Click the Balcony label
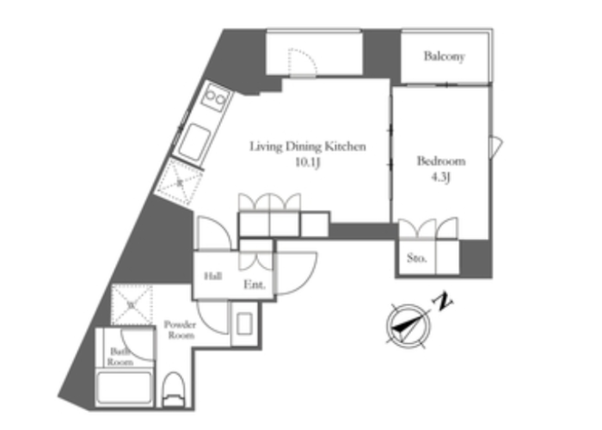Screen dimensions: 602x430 tap(445, 57)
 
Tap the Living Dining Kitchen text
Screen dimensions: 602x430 tap(308, 146)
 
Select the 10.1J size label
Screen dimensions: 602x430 tap(308, 163)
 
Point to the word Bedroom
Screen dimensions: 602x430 tap(441, 161)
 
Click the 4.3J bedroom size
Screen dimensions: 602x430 tap(440, 177)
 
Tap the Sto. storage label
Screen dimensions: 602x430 tap(416, 258)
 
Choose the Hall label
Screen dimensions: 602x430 tap(212, 276)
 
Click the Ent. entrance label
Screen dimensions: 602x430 tap(255, 285)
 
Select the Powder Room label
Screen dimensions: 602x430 tap(180, 329)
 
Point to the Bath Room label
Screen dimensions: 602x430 tap(120, 357)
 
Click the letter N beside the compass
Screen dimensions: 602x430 tap(443, 302)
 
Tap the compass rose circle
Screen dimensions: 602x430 tap(408, 326)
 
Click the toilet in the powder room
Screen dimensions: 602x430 tap(174, 390)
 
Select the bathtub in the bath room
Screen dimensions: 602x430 tap(124, 387)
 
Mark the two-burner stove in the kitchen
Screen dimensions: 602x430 tap(215, 97)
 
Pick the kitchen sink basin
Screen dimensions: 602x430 tap(194, 142)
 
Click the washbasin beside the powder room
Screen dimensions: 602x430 tap(244, 323)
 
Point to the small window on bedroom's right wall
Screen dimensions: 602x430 tap(496, 146)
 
